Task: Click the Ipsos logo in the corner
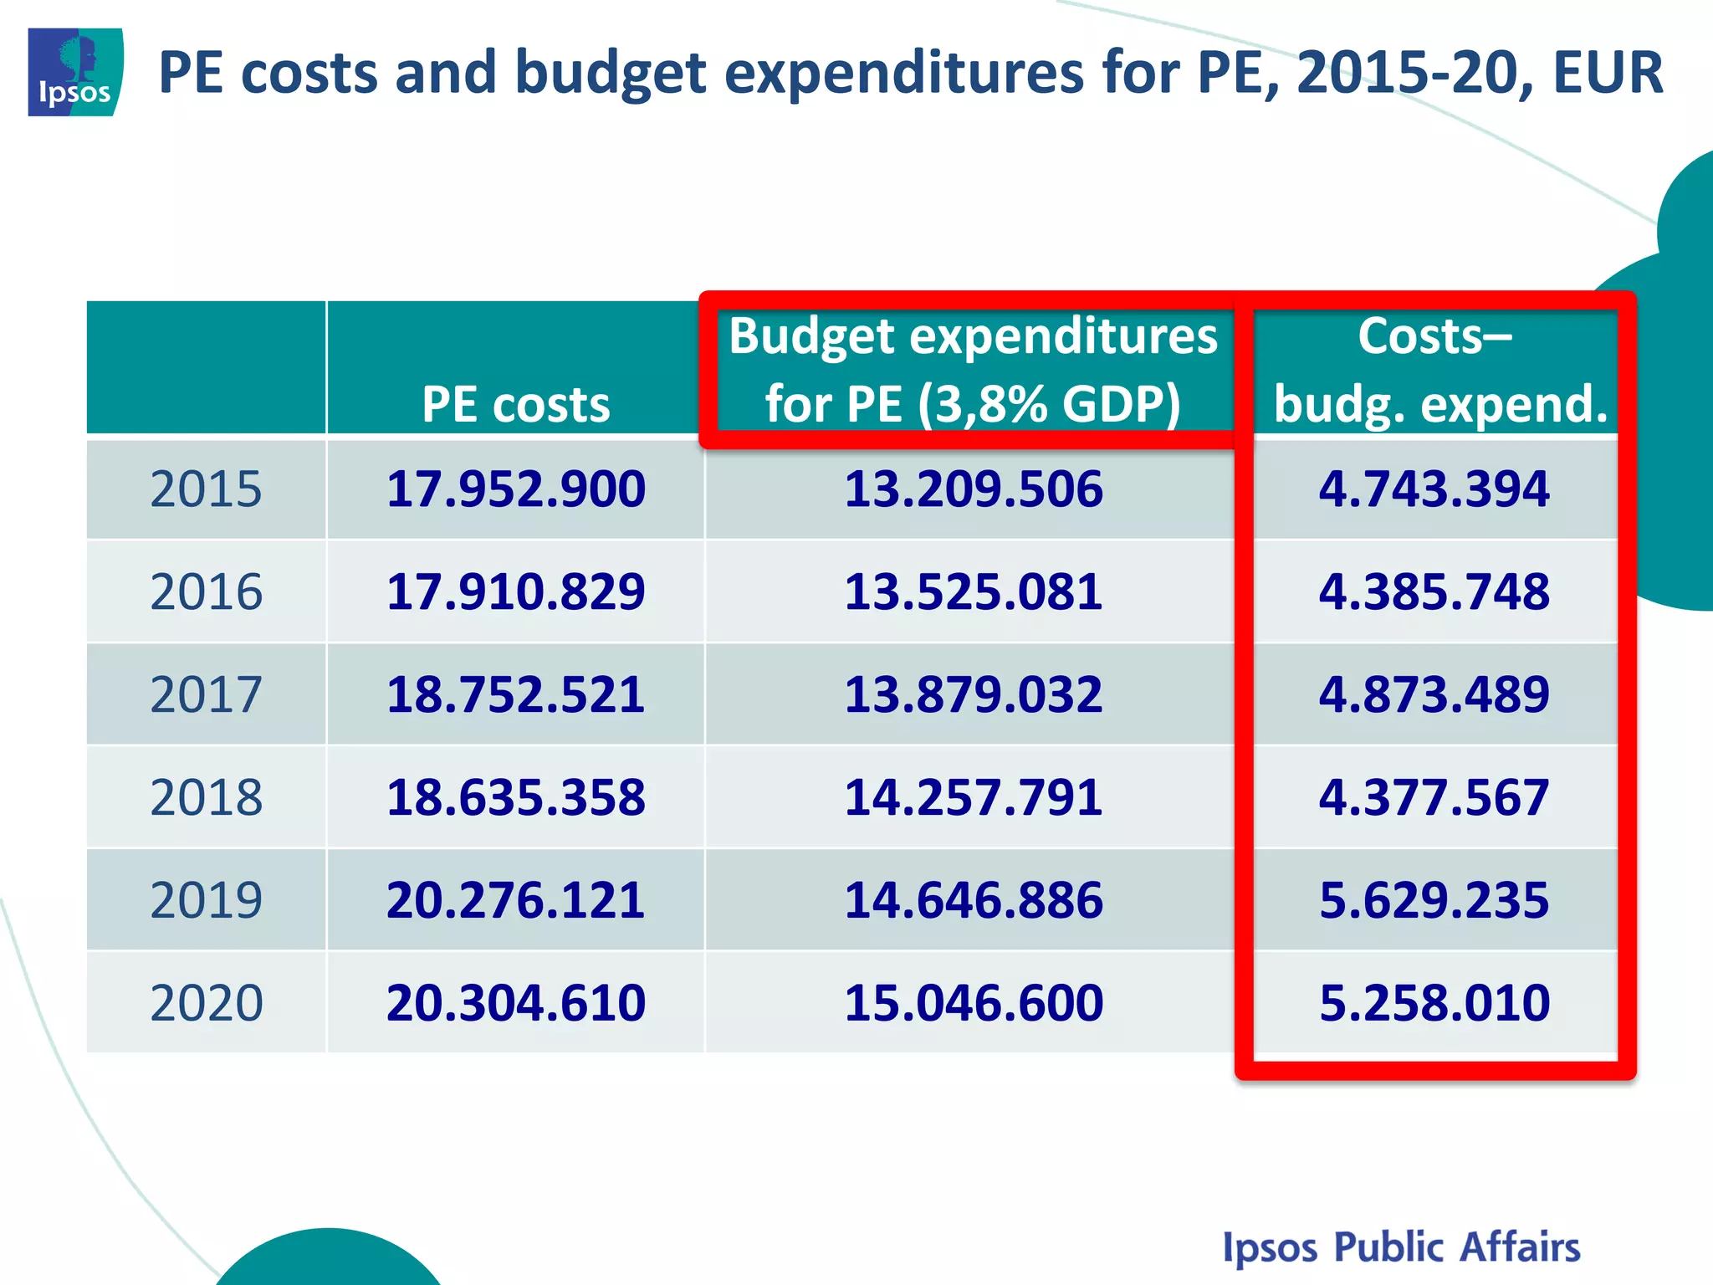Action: point(75,72)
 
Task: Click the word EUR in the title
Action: point(1608,74)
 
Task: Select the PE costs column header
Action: point(515,405)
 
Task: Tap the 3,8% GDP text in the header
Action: point(1049,405)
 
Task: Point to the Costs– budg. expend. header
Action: point(1435,370)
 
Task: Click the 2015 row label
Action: point(206,489)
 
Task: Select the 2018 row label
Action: point(206,797)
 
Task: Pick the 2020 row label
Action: point(206,1003)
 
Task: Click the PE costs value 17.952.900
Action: point(515,489)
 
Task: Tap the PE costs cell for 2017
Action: point(515,695)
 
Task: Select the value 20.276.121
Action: point(515,901)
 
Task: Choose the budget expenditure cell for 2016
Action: point(973,592)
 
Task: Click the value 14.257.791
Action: point(973,797)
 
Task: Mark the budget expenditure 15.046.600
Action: point(973,1003)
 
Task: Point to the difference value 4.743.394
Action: point(1434,489)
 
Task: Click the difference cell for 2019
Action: point(1434,901)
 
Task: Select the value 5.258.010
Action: point(1434,1003)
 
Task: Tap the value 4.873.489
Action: point(1434,695)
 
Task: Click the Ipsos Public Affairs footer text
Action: point(1401,1247)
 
